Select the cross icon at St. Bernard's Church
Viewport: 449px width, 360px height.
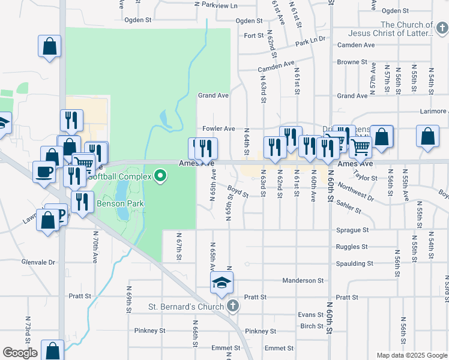click(234, 307)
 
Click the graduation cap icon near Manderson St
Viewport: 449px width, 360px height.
click(221, 282)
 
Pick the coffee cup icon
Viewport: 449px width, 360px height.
click(44, 172)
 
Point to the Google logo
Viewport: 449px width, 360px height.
click(20, 353)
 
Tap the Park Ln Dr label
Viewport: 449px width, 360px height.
click(310, 41)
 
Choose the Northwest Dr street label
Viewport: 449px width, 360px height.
click(356, 190)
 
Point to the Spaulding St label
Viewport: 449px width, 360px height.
click(354, 263)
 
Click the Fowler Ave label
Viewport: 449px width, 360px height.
click(218, 128)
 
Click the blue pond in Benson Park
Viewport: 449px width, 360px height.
click(122, 200)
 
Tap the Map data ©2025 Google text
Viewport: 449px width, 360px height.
click(411, 355)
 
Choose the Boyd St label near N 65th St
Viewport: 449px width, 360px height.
click(238, 192)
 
